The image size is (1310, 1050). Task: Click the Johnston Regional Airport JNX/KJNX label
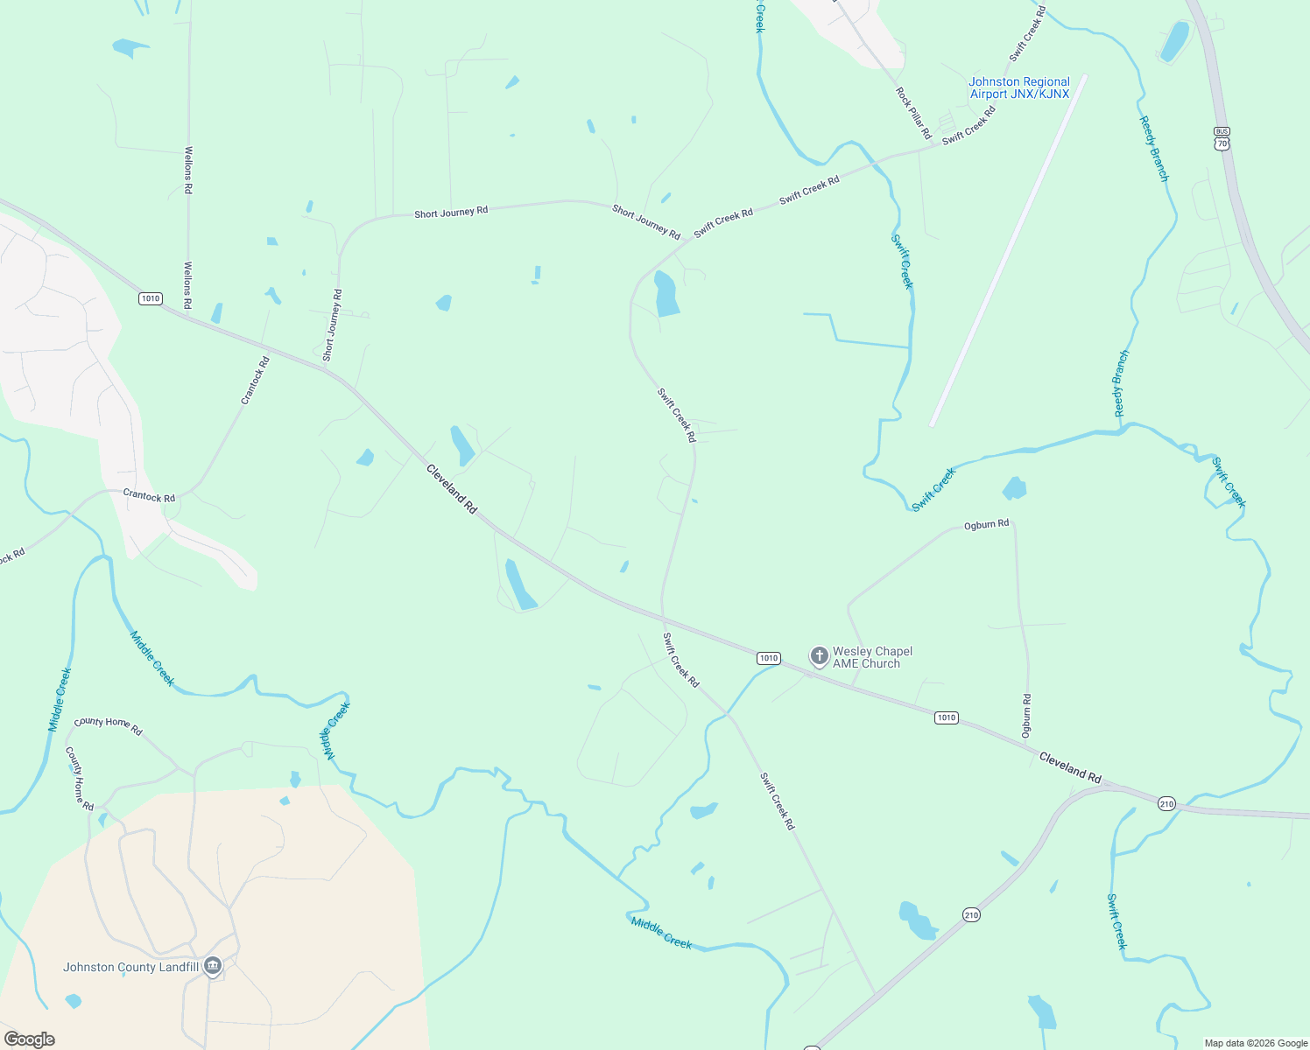pos(1019,87)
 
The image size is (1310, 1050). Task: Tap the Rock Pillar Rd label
pos(913,113)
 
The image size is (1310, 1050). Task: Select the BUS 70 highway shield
pos(1222,138)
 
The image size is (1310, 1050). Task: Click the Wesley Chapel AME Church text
pos(872,657)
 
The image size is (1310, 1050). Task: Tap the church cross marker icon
pos(819,656)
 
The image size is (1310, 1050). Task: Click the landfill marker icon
pos(212,966)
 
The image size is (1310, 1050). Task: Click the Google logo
pos(30,1039)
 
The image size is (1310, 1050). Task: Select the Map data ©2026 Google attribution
pos(1255,1043)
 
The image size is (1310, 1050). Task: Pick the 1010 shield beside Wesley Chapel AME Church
pos(768,658)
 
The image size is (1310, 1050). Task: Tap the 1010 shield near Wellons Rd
pos(151,298)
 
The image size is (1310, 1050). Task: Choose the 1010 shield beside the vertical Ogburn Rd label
pos(946,717)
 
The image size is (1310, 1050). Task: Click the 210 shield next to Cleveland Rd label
pos(1166,803)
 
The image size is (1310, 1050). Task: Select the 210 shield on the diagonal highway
pos(971,915)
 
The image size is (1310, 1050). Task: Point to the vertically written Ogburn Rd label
pos(1026,715)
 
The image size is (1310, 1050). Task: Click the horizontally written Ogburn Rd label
pos(986,524)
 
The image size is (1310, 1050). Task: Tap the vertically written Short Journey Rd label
pos(333,325)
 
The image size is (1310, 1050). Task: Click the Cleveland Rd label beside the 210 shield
pos(1070,766)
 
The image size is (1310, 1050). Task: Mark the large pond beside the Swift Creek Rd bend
pos(666,294)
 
